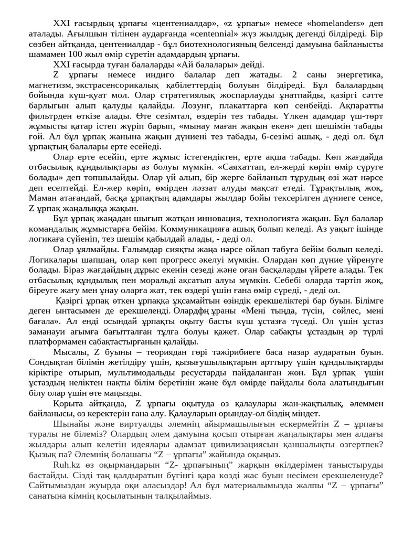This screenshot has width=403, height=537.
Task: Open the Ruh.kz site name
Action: pos(66,466)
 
